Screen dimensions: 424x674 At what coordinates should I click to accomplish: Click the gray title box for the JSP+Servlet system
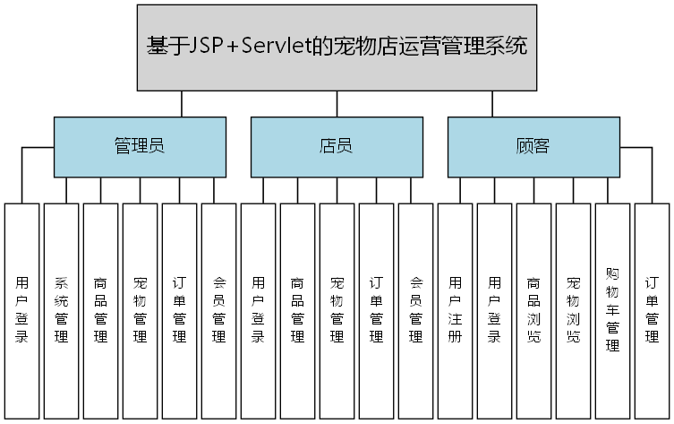point(337,47)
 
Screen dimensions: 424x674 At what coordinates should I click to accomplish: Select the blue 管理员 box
point(139,146)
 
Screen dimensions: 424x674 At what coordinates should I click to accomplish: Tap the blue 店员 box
point(336,146)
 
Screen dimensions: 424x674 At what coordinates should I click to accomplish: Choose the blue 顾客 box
point(533,146)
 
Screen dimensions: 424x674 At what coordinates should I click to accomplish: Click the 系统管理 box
point(62,310)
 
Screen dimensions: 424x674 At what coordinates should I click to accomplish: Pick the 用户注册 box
point(456,310)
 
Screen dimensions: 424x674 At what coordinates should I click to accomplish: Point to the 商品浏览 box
point(534,310)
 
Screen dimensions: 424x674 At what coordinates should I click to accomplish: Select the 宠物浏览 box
point(574,310)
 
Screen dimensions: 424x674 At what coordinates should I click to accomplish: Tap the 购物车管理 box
point(613,310)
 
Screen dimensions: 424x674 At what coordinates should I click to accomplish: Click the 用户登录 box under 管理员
point(22,310)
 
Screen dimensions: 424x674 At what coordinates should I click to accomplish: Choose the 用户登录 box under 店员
point(259,310)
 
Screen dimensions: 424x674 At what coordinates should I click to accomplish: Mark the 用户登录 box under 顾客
point(495,310)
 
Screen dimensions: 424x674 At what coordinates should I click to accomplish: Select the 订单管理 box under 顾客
point(653,310)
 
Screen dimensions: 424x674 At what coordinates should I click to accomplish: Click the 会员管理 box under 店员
point(416,310)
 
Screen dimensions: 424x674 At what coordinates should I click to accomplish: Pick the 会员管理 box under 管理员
point(219,310)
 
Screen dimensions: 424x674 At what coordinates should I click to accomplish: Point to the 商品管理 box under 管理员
point(101,310)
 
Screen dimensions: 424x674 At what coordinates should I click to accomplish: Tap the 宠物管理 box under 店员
point(337,310)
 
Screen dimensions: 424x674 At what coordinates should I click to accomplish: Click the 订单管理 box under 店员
point(377,310)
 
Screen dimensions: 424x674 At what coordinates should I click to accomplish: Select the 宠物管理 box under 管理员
point(141,310)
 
